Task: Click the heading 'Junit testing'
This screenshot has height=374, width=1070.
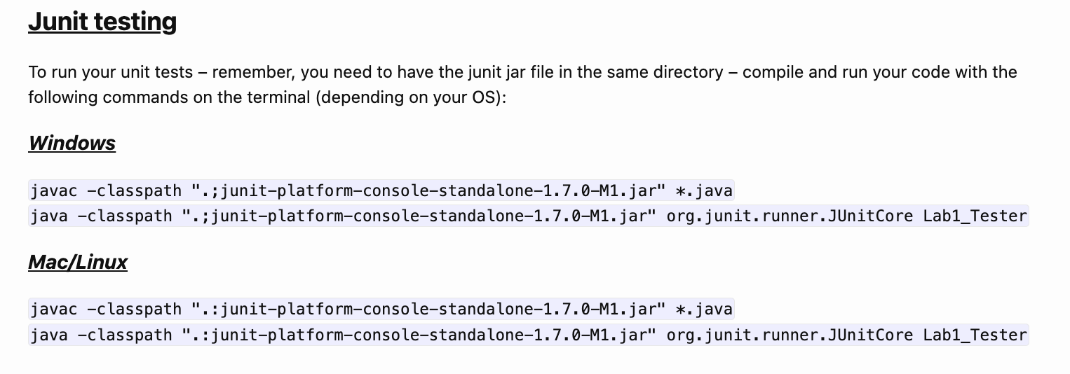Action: tap(102, 22)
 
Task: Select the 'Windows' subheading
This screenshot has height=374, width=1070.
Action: tap(72, 143)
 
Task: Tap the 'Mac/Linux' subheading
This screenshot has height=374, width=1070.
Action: tap(78, 262)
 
